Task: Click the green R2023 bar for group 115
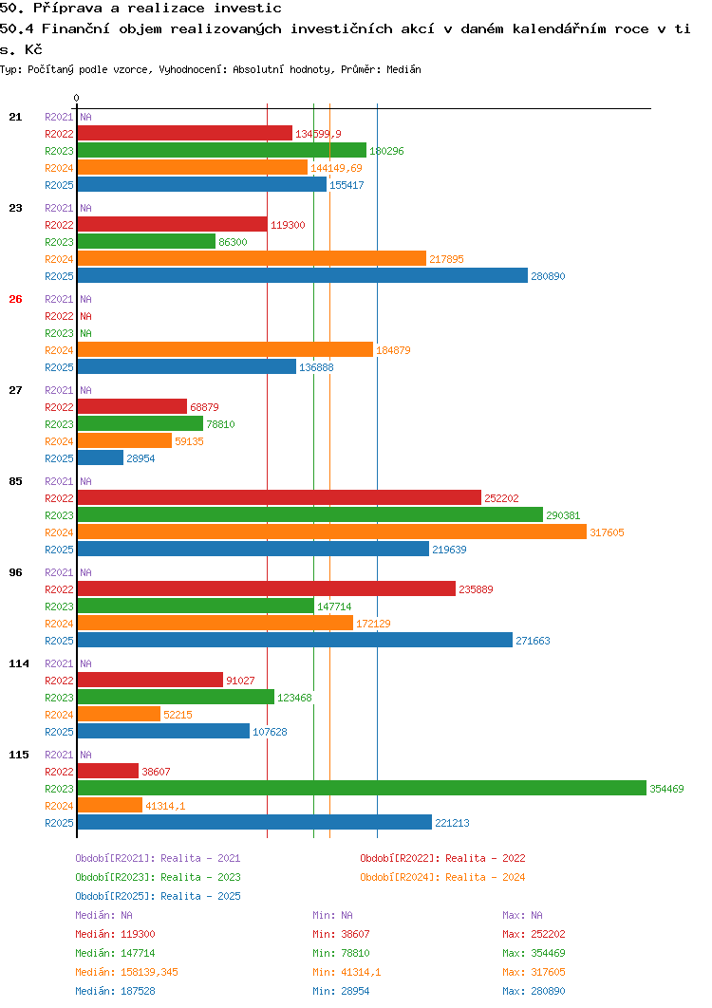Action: (362, 788)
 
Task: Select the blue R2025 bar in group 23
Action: (302, 276)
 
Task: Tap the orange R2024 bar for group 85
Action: (332, 532)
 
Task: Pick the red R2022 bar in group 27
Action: (132, 407)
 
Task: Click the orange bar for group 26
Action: (225, 349)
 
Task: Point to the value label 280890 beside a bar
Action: (548, 276)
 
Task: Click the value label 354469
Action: (666, 789)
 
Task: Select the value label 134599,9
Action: (318, 134)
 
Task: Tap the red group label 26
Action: (15, 299)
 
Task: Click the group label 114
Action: (19, 663)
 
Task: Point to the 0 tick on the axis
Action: (77, 98)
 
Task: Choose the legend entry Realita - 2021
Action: (158, 858)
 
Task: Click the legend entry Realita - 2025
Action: (158, 896)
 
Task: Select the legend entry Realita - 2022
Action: (442, 858)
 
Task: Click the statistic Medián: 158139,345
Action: (126, 972)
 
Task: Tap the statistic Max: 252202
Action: (534, 934)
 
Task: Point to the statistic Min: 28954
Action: (341, 991)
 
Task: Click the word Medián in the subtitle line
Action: (403, 69)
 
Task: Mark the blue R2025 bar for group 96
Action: (295, 640)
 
